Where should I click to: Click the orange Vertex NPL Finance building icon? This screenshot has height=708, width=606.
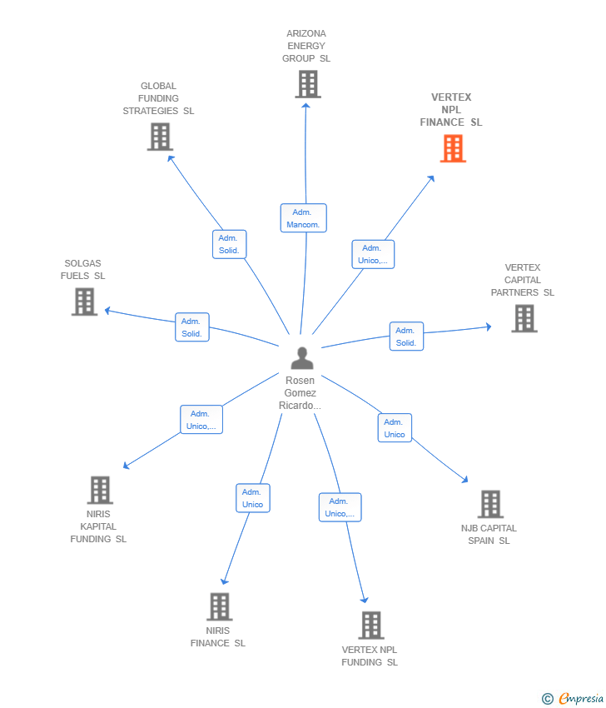coord(453,148)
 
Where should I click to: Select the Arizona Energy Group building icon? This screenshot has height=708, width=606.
coord(308,84)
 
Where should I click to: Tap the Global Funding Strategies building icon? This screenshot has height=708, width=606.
coord(160,137)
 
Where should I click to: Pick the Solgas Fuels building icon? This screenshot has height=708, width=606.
coord(84,302)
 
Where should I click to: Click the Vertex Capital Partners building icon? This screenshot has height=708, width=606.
coord(524,318)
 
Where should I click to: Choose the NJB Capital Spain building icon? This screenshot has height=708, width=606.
coord(490,504)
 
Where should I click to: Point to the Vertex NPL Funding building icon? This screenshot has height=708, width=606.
coord(371,625)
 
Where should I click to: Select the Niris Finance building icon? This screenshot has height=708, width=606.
coord(219,606)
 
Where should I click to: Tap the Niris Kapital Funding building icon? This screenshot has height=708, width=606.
coord(100,490)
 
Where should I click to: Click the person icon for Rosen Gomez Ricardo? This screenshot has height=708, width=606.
coord(302,358)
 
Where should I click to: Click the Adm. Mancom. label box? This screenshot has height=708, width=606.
coord(303,218)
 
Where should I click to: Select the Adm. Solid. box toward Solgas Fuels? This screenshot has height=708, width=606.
coord(192,327)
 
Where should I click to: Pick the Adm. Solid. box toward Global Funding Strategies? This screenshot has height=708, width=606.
coord(229,244)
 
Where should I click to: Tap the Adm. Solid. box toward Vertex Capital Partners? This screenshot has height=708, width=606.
coord(406,337)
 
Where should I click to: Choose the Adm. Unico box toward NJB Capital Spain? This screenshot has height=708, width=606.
coord(395,428)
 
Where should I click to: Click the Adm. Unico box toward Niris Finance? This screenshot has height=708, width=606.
coord(252,498)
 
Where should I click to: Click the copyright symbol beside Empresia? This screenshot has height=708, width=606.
coord(548,699)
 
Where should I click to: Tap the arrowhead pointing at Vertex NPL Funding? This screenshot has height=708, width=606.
coord(364,599)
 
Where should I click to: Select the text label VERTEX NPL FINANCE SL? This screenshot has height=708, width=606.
coord(450,110)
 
